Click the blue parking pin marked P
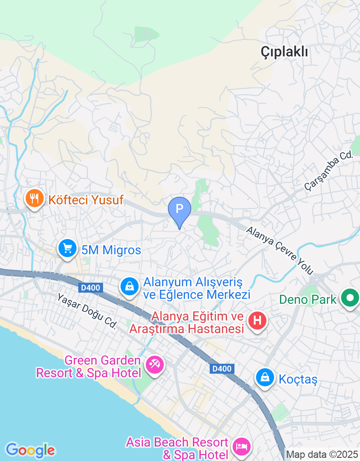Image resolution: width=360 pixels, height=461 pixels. pyautogui.click(x=180, y=209)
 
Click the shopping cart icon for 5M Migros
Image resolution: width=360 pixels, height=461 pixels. pyautogui.click(x=67, y=248)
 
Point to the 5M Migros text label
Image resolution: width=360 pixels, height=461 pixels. pyautogui.click(x=111, y=250)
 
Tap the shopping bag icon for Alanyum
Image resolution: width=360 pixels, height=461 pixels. pyautogui.click(x=130, y=286)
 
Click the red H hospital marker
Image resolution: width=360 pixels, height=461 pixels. pyautogui.click(x=257, y=321)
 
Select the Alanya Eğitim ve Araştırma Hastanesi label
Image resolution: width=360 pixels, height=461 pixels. pyautogui.click(x=186, y=323)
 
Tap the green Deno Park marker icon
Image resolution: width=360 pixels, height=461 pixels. pyautogui.click(x=349, y=298)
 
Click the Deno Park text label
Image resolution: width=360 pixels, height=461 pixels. pyautogui.click(x=308, y=299)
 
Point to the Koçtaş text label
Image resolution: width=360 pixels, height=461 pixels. pyautogui.click(x=298, y=380)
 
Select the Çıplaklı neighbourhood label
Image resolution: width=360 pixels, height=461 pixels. pyautogui.click(x=284, y=52)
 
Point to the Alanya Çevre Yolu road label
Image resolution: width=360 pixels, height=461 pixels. pyautogui.click(x=279, y=250)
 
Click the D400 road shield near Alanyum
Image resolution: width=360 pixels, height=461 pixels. pyautogui.click(x=91, y=287)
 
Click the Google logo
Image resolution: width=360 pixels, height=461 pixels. pyautogui.click(x=30, y=450)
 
